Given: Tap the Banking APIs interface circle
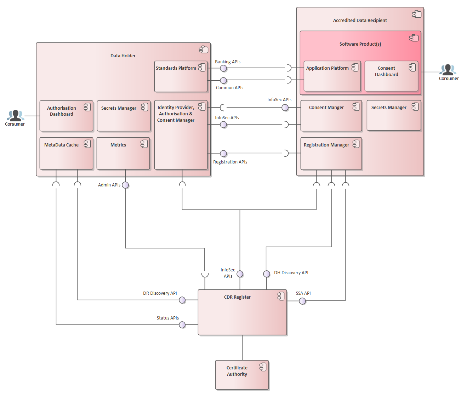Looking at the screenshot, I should (x=223, y=68).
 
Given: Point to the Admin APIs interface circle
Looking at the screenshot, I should (x=125, y=185).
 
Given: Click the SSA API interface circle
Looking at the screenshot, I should (x=302, y=301).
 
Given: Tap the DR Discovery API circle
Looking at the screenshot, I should (x=182, y=300).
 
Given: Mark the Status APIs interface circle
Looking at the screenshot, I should (x=182, y=325).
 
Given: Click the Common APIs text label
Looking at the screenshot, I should (x=229, y=88).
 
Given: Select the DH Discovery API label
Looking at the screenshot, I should (x=291, y=273).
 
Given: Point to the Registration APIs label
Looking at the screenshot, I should (x=230, y=162).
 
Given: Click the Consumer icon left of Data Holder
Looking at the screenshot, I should (x=15, y=116).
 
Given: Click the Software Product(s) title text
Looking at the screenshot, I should (x=360, y=44).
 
